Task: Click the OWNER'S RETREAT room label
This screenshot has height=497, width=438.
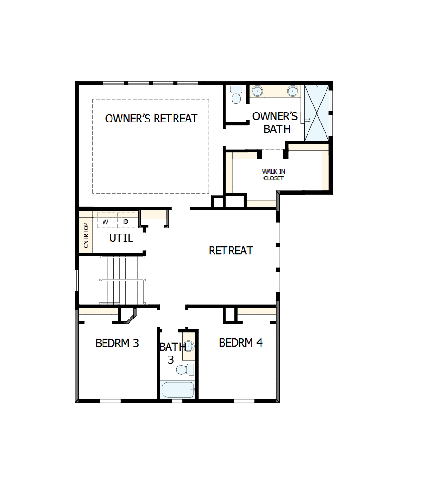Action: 151,119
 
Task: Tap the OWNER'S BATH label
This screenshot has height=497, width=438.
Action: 275,122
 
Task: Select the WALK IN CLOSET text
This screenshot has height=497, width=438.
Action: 273,175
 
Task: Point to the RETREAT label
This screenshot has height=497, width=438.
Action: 231,251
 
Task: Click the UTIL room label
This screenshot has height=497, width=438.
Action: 121,238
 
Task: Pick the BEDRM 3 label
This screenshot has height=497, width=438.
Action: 117,343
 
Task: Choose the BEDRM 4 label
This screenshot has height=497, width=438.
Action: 241,342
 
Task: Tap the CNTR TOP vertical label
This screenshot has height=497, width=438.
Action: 86,235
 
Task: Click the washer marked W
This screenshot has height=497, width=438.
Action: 106,222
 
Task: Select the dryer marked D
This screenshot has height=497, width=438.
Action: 126,222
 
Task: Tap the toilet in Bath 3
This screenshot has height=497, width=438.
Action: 184,369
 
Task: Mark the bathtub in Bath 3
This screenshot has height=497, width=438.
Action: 177,390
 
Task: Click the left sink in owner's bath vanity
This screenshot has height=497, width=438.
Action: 258,90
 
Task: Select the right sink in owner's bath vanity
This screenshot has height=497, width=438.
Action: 293,90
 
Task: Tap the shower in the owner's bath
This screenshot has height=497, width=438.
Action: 316,112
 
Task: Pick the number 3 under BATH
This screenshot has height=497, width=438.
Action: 171,360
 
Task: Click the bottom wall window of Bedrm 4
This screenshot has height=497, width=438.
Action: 244,401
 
